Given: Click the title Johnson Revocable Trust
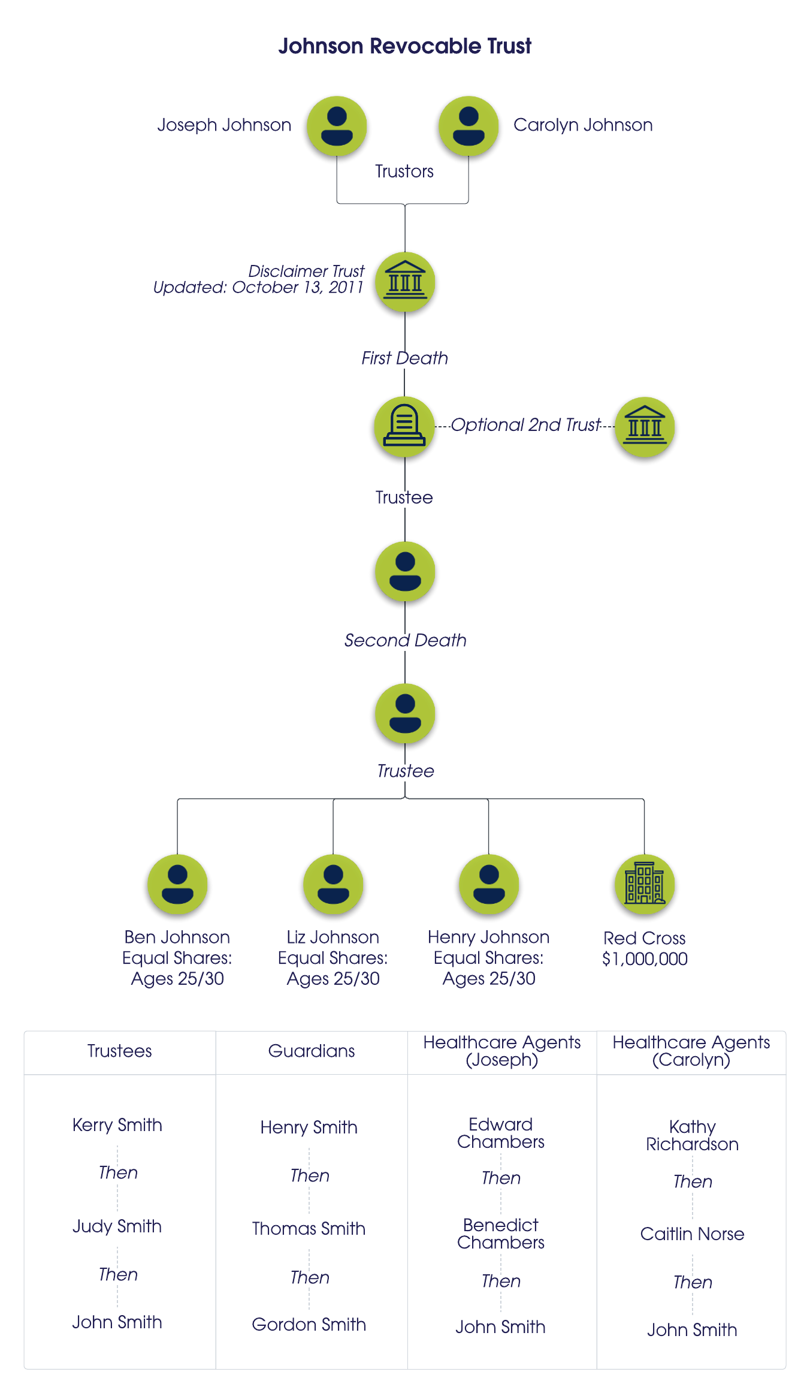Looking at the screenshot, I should [x=404, y=46].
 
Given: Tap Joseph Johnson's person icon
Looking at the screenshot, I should [x=337, y=126].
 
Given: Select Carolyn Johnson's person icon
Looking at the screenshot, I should [x=469, y=126].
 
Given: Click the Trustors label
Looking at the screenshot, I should [x=404, y=171].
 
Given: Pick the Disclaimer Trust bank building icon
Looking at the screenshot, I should [x=405, y=282].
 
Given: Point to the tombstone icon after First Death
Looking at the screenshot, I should [x=404, y=426].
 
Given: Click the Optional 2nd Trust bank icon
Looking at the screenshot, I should [x=645, y=427].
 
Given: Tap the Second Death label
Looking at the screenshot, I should [x=405, y=640].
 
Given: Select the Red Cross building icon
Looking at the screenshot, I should [x=645, y=884].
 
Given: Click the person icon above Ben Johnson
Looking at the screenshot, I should [x=177, y=884].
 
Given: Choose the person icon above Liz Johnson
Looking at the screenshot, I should [x=333, y=884].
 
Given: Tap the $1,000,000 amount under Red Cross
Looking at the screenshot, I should [x=645, y=959].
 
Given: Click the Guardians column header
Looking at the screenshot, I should [x=312, y=1051].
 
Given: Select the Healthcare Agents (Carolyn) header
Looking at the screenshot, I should [x=691, y=1051].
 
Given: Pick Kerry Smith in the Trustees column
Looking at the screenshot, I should [x=117, y=1125].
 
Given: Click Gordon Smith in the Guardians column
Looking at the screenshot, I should [x=309, y=1325].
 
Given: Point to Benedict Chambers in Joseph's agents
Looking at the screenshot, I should [x=501, y=1234].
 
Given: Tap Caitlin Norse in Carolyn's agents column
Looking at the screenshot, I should [x=692, y=1234].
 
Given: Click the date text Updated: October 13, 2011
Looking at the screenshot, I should [x=258, y=288].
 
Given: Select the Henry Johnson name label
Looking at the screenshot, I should [x=489, y=937].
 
